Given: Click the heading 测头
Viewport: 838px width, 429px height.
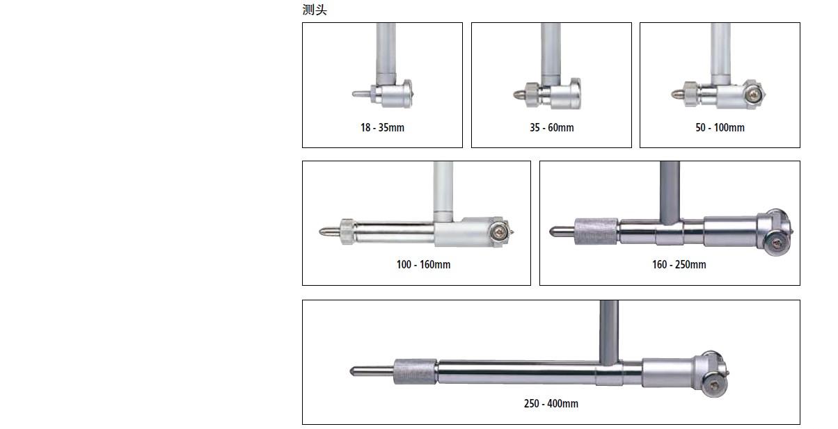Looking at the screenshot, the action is pos(315,10).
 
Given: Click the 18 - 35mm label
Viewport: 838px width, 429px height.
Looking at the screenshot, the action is pos(382,127).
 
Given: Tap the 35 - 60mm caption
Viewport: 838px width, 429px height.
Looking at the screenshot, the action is pos(551,127).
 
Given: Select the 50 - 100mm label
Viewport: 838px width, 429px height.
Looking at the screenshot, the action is pos(720,127).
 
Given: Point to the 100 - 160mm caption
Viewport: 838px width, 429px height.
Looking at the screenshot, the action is pos(423,265).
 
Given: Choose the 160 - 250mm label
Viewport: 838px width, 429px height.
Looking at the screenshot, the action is pos(679,265).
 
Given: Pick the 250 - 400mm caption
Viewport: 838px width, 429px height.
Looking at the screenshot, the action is pos(551,403).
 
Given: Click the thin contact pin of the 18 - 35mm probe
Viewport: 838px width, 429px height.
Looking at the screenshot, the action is pos(361,94).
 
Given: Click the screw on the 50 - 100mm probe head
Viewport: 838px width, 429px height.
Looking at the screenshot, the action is pos(755,95).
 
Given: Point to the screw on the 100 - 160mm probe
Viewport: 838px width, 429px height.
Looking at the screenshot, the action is pos(499,232).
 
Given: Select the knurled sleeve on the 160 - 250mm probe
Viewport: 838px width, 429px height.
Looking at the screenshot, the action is pos(596,232).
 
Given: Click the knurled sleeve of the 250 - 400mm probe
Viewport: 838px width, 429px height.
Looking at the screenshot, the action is pos(415,371).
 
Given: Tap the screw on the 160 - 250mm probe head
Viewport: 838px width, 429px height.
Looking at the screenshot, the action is pos(777,244).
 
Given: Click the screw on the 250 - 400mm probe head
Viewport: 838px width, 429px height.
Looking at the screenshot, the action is pos(714,386).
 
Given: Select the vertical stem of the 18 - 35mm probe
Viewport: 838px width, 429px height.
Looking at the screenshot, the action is pos(386,54).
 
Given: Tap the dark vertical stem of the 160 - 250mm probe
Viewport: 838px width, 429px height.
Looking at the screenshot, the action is pos(670,193).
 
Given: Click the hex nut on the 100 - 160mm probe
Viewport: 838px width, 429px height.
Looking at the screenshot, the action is pos(347,232).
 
